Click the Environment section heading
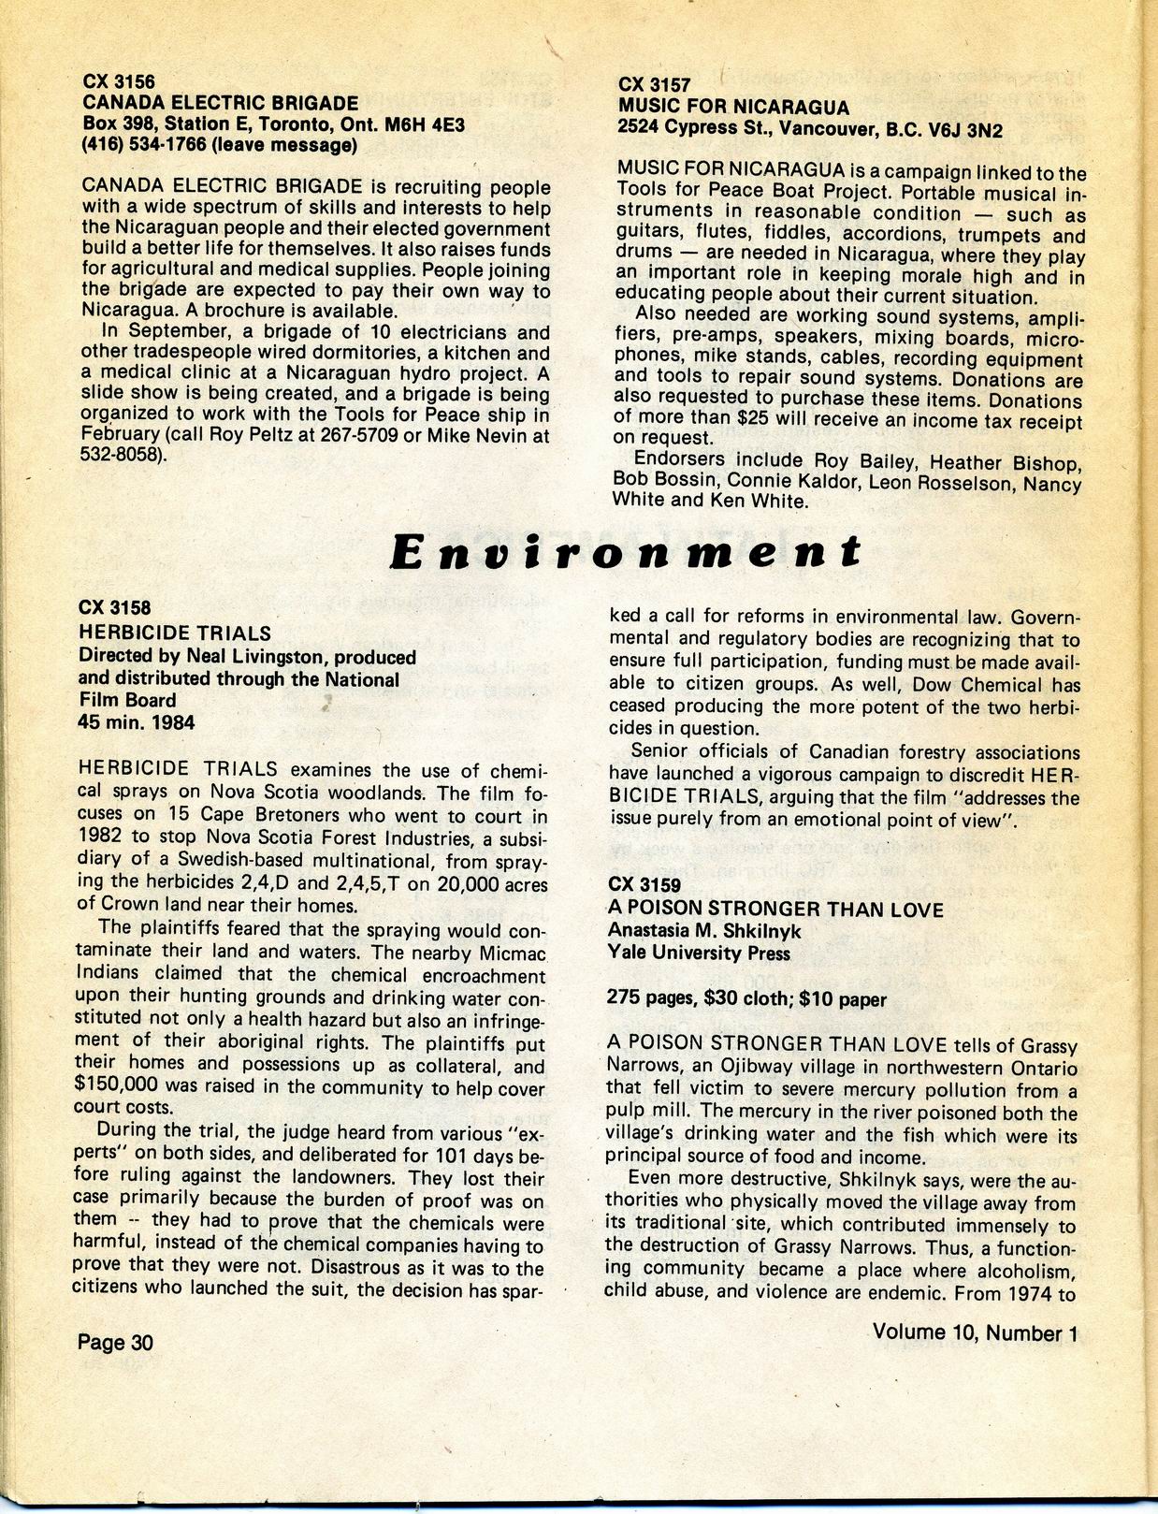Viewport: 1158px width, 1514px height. pyautogui.click(x=624, y=550)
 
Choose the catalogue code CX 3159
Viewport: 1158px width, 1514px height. pyautogui.click(x=644, y=885)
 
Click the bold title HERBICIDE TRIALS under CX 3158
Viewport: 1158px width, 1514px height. pyautogui.click(x=175, y=633)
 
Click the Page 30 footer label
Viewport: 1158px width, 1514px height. pyautogui.click(x=115, y=1343)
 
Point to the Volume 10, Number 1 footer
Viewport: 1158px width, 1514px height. pyautogui.click(x=976, y=1332)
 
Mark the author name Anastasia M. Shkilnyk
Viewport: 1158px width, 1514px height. pyautogui.click(x=703, y=931)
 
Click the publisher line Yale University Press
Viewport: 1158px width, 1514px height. pyautogui.click(x=699, y=954)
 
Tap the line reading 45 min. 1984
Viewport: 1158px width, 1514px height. pyautogui.click(x=137, y=722)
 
